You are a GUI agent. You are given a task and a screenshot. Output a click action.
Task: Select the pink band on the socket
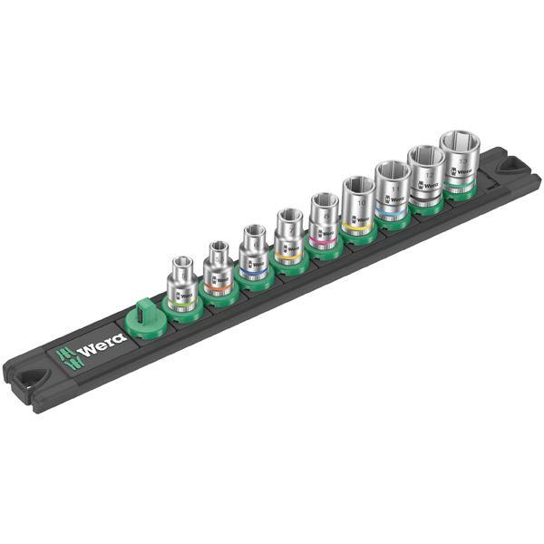[x=324, y=239]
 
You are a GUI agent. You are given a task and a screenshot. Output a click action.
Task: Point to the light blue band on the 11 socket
[x=392, y=214]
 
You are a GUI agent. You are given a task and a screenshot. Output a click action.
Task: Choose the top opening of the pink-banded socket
[x=323, y=200]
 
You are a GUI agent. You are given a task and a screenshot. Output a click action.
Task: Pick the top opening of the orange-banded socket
[x=217, y=246]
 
